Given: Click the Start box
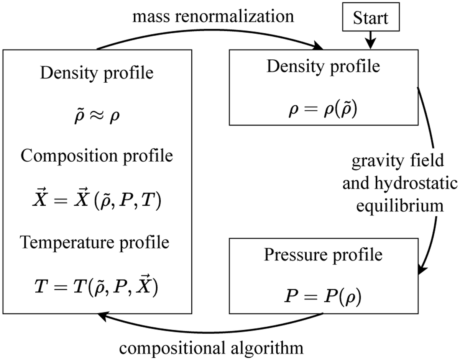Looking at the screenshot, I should (370, 18).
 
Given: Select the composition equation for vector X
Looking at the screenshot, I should (97, 201).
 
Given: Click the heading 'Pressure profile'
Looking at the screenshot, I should (323, 255).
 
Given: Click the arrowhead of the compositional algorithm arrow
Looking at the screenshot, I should (103, 315).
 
